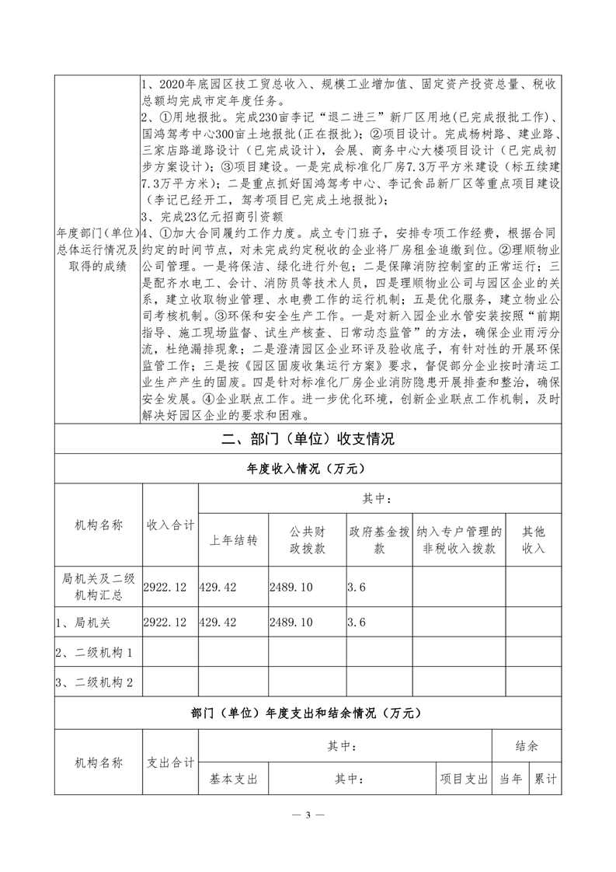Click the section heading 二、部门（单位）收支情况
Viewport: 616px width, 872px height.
pyautogui.click(x=308, y=439)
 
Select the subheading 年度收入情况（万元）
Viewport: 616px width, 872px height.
pyautogui.click(x=308, y=469)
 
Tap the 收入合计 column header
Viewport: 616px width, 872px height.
pyautogui.click(x=170, y=525)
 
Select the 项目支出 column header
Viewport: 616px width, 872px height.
pyautogui.click(x=464, y=778)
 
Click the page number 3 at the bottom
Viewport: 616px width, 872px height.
pyautogui.click(x=308, y=815)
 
